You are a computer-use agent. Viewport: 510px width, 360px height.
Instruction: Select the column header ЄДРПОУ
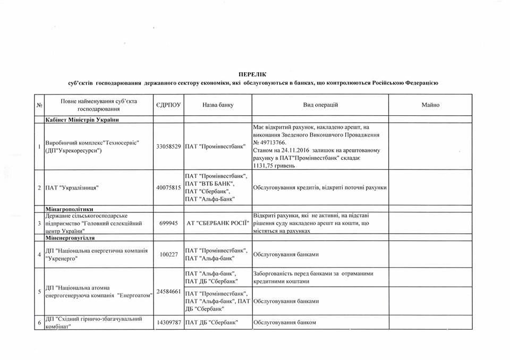point(168,105)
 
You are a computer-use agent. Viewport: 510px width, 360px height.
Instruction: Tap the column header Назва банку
point(217,105)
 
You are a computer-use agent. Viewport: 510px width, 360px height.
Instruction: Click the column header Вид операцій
point(320,105)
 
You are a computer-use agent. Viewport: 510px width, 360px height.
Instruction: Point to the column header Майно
point(430,105)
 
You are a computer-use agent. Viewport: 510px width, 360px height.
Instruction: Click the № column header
point(39,105)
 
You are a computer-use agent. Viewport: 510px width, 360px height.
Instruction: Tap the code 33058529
point(168,146)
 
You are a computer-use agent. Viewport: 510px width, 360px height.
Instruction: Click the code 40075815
point(168,187)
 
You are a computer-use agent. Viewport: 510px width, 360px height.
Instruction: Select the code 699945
point(168,224)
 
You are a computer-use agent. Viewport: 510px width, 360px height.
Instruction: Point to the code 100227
point(168,254)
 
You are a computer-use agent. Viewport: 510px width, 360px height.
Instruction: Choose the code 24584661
point(168,292)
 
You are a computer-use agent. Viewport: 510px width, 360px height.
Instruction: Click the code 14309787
point(168,322)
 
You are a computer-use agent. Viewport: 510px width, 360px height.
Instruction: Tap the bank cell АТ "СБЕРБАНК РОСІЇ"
point(217,224)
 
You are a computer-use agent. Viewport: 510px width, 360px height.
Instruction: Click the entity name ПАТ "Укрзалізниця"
point(71,187)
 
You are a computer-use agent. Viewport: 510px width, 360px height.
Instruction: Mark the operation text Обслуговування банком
point(284,322)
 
